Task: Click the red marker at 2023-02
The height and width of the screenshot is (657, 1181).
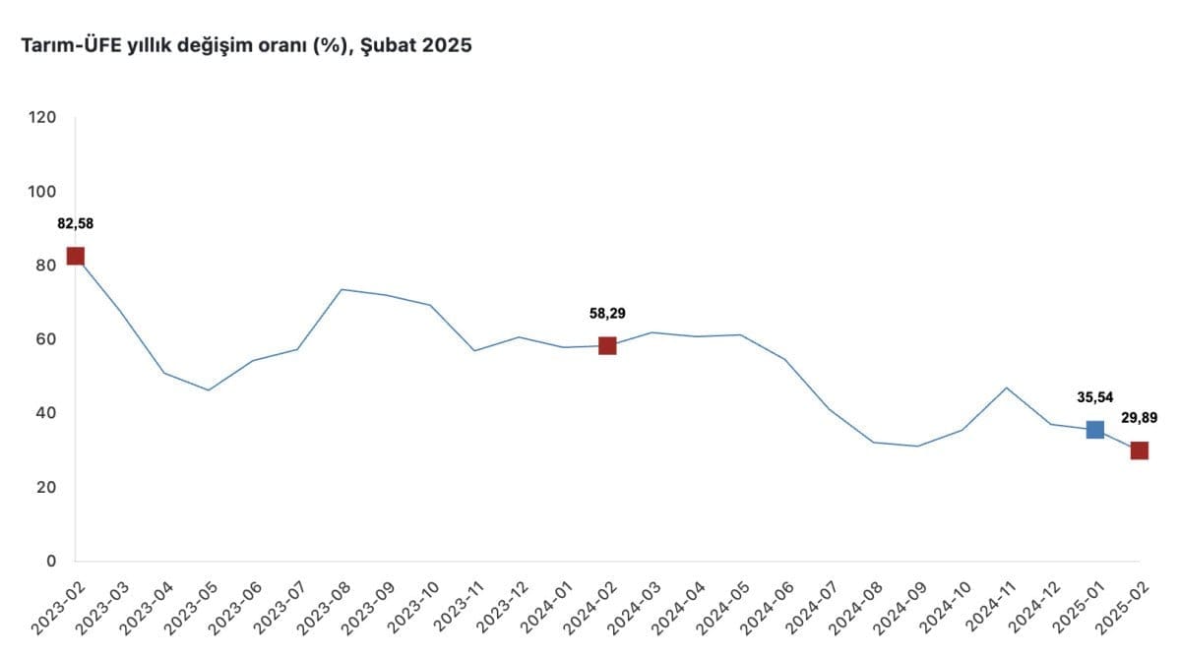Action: (75, 257)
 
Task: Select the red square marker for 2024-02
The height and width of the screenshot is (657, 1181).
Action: (607, 345)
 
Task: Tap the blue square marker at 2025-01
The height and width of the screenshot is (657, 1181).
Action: (1094, 430)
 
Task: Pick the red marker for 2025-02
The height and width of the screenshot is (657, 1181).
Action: (1139, 450)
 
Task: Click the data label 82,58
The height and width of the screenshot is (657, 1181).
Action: (75, 223)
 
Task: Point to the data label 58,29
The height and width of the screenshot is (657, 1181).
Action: (607, 314)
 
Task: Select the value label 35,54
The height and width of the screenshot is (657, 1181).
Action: (1094, 397)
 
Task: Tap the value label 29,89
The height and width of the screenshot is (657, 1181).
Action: (1139, 418)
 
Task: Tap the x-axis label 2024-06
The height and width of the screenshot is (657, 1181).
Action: (763, 606)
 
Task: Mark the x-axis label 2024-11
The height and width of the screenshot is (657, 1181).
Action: (984, 606)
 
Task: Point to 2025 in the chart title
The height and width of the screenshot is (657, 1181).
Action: (449, 46)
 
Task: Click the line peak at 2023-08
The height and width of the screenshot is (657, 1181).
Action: (341, 289)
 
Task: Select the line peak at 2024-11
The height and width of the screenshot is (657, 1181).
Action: (1006, 388)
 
